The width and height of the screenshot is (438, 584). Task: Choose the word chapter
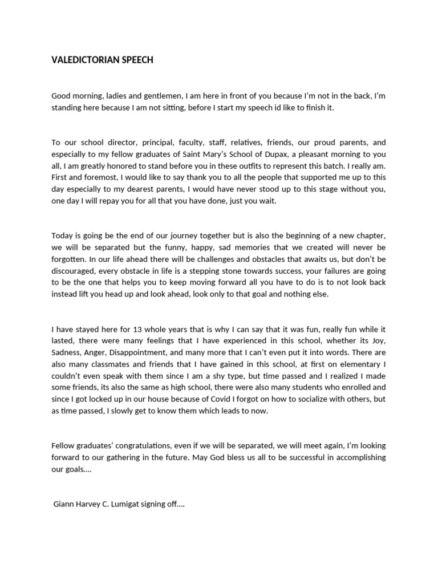click(x=370, y=236)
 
